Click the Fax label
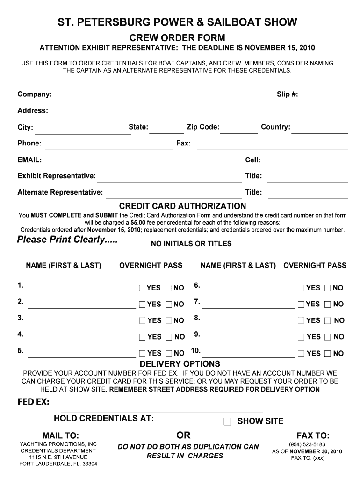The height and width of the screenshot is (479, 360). click(x=183, y=143)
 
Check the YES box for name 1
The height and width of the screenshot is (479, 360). click(x=142, y=288)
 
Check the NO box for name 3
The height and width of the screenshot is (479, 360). click(x=169, y=321)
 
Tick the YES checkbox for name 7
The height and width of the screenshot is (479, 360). click(x=301, y=305)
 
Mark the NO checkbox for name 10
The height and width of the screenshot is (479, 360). click(x=328, y=354)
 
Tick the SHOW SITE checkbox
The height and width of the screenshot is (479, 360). click(x=228, y=421)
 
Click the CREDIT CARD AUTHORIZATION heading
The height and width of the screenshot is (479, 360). click(x=182, y=206)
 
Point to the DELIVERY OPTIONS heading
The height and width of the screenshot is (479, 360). click(x=180, y=364)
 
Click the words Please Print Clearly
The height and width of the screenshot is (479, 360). click(x=67, y=240)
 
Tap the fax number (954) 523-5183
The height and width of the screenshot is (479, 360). click(x=308, y=444)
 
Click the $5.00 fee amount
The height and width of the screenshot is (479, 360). click(x=139, y=222)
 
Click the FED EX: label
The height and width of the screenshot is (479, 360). click(x=33, y=403)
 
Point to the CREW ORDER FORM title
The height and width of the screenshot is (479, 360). click(x=177, y=37)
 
